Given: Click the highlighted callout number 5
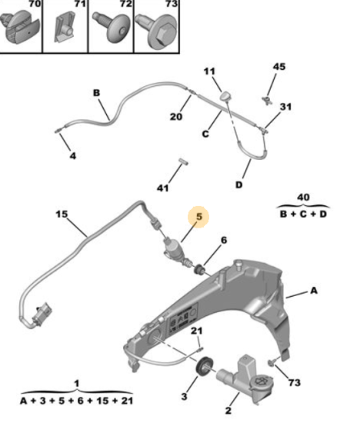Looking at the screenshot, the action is tap(199, 217).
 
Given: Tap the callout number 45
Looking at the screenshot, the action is tap(279, 67).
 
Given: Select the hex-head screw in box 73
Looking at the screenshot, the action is tap(156, 30).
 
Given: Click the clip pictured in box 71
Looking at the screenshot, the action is tap(65, 27).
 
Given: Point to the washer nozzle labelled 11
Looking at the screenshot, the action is tap(225, 96).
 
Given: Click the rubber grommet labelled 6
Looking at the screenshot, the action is tap(200, 269).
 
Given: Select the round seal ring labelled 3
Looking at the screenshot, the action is tap(205, 366).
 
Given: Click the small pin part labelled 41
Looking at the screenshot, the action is tap(183, 162).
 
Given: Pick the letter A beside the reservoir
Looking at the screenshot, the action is tap(314, 291).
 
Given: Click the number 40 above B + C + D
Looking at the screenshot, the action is tap(303, 197).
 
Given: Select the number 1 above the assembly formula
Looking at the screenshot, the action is tap(77, 383).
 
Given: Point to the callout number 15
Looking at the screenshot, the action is tap(62, 215).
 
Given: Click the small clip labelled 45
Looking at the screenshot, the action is tap(267, 100).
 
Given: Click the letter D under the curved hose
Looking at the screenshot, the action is tap(239, 185).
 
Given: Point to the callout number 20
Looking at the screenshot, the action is tap(176, 117).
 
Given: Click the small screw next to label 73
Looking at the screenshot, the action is tap(272, 362).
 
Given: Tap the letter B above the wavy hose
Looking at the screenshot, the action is tap(96, 93).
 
